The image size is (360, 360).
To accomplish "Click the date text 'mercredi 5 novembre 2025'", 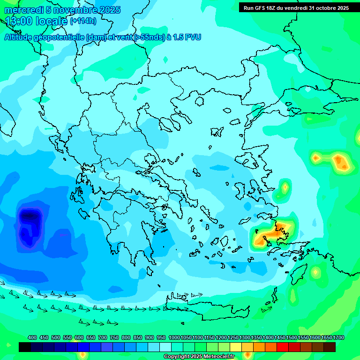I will tap(62, 10).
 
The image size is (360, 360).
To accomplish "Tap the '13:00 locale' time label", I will tap(37, 21).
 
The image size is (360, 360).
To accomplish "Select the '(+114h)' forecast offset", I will tap(83, 21).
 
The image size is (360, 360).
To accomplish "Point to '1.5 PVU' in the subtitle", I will tap(187, 37).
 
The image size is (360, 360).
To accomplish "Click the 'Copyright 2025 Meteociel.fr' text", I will tap(199, 357).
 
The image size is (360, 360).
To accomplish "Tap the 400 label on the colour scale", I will tap(32, 337).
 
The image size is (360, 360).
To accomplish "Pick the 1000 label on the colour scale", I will tap(174, 337).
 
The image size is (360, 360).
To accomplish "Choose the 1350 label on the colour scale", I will tap(256, 337).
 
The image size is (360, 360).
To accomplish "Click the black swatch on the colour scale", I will tap(25, 347).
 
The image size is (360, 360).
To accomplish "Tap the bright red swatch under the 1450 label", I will tap(283, 347).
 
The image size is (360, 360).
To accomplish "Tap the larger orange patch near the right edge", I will tap(341, 162).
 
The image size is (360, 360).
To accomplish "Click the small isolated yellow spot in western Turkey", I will tap(285, 187).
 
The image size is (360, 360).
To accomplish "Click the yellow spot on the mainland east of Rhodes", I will tap(315, 271).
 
